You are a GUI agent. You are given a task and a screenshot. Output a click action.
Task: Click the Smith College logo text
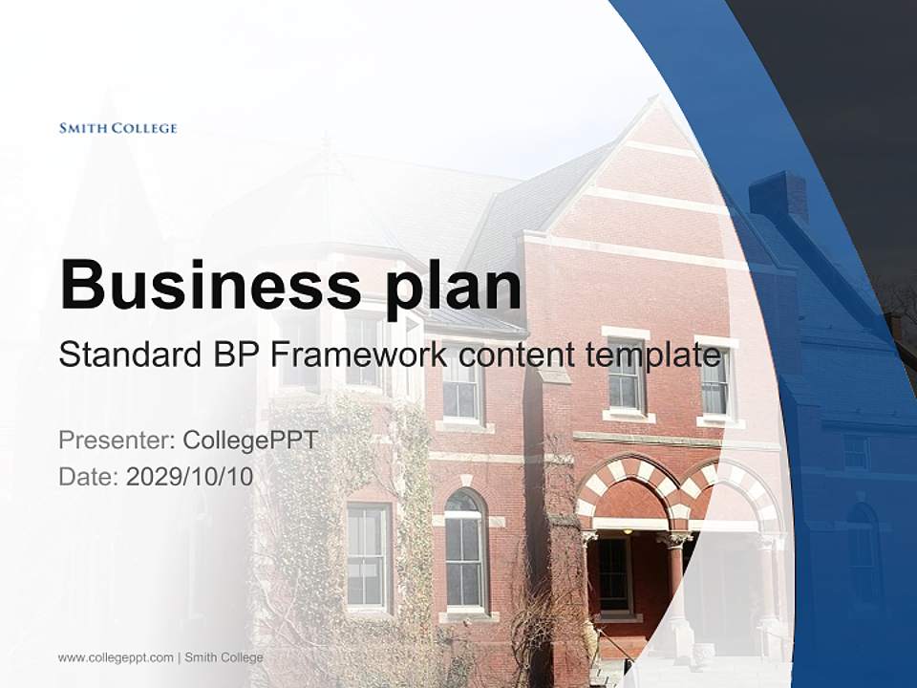(117, 128)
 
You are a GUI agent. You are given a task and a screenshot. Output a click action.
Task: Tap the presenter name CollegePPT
(249, 441)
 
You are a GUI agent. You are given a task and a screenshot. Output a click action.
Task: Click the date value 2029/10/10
(190, 477)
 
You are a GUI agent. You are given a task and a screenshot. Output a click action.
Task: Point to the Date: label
(89, 477)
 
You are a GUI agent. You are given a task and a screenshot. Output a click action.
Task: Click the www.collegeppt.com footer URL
(116, 657)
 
